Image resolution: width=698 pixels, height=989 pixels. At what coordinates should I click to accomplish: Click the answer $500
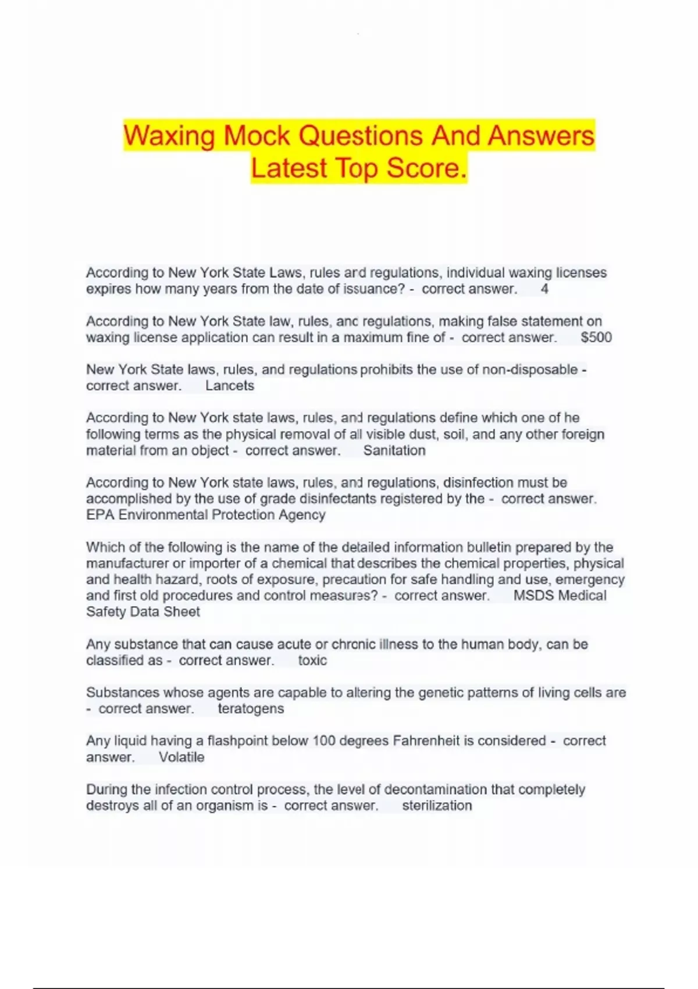point(596,337)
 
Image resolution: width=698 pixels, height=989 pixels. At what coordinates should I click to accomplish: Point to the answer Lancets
point(230,386)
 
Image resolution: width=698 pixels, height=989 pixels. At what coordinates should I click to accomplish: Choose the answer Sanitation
point(394,450)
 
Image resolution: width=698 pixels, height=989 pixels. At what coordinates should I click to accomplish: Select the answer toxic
point(312,660)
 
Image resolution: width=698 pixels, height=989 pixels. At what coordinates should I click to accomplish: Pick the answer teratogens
point(251,709)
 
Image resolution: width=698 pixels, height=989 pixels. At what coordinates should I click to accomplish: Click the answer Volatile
point(181,757)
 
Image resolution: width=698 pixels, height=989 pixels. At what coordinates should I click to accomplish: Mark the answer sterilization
point(437,806)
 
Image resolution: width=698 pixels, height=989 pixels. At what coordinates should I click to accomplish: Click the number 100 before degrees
point(323,741)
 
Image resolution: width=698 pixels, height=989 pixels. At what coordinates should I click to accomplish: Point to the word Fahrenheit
point(426,741)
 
